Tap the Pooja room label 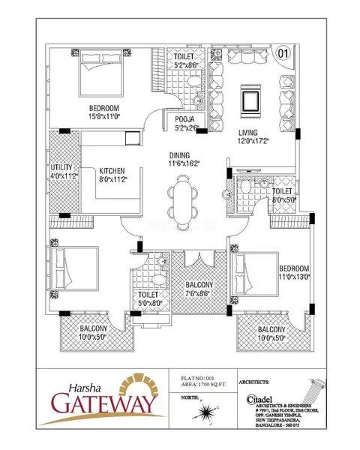pyautogui.click(x=185, y=119)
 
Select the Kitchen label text pyautogui.click(x=111, y=171)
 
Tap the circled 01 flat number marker pyautogui.click(x=283, y=53)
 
